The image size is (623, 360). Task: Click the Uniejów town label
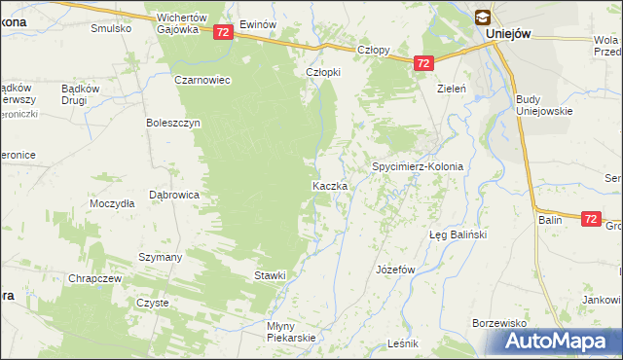pos(508,33)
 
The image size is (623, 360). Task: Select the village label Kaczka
pos(330,185)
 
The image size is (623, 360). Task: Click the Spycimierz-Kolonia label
pos(417,166)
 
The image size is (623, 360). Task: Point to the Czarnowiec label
pos(202,80)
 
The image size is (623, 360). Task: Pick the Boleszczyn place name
pos(172,124)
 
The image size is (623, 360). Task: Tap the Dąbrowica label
pos(173,195)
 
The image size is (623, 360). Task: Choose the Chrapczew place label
pos(94,278)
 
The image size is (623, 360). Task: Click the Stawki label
pos(270,275)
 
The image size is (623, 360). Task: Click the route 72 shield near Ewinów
pos(223,32)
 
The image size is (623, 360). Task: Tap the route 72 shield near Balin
pos(590,220)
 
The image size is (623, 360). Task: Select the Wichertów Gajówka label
pos(183,23)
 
